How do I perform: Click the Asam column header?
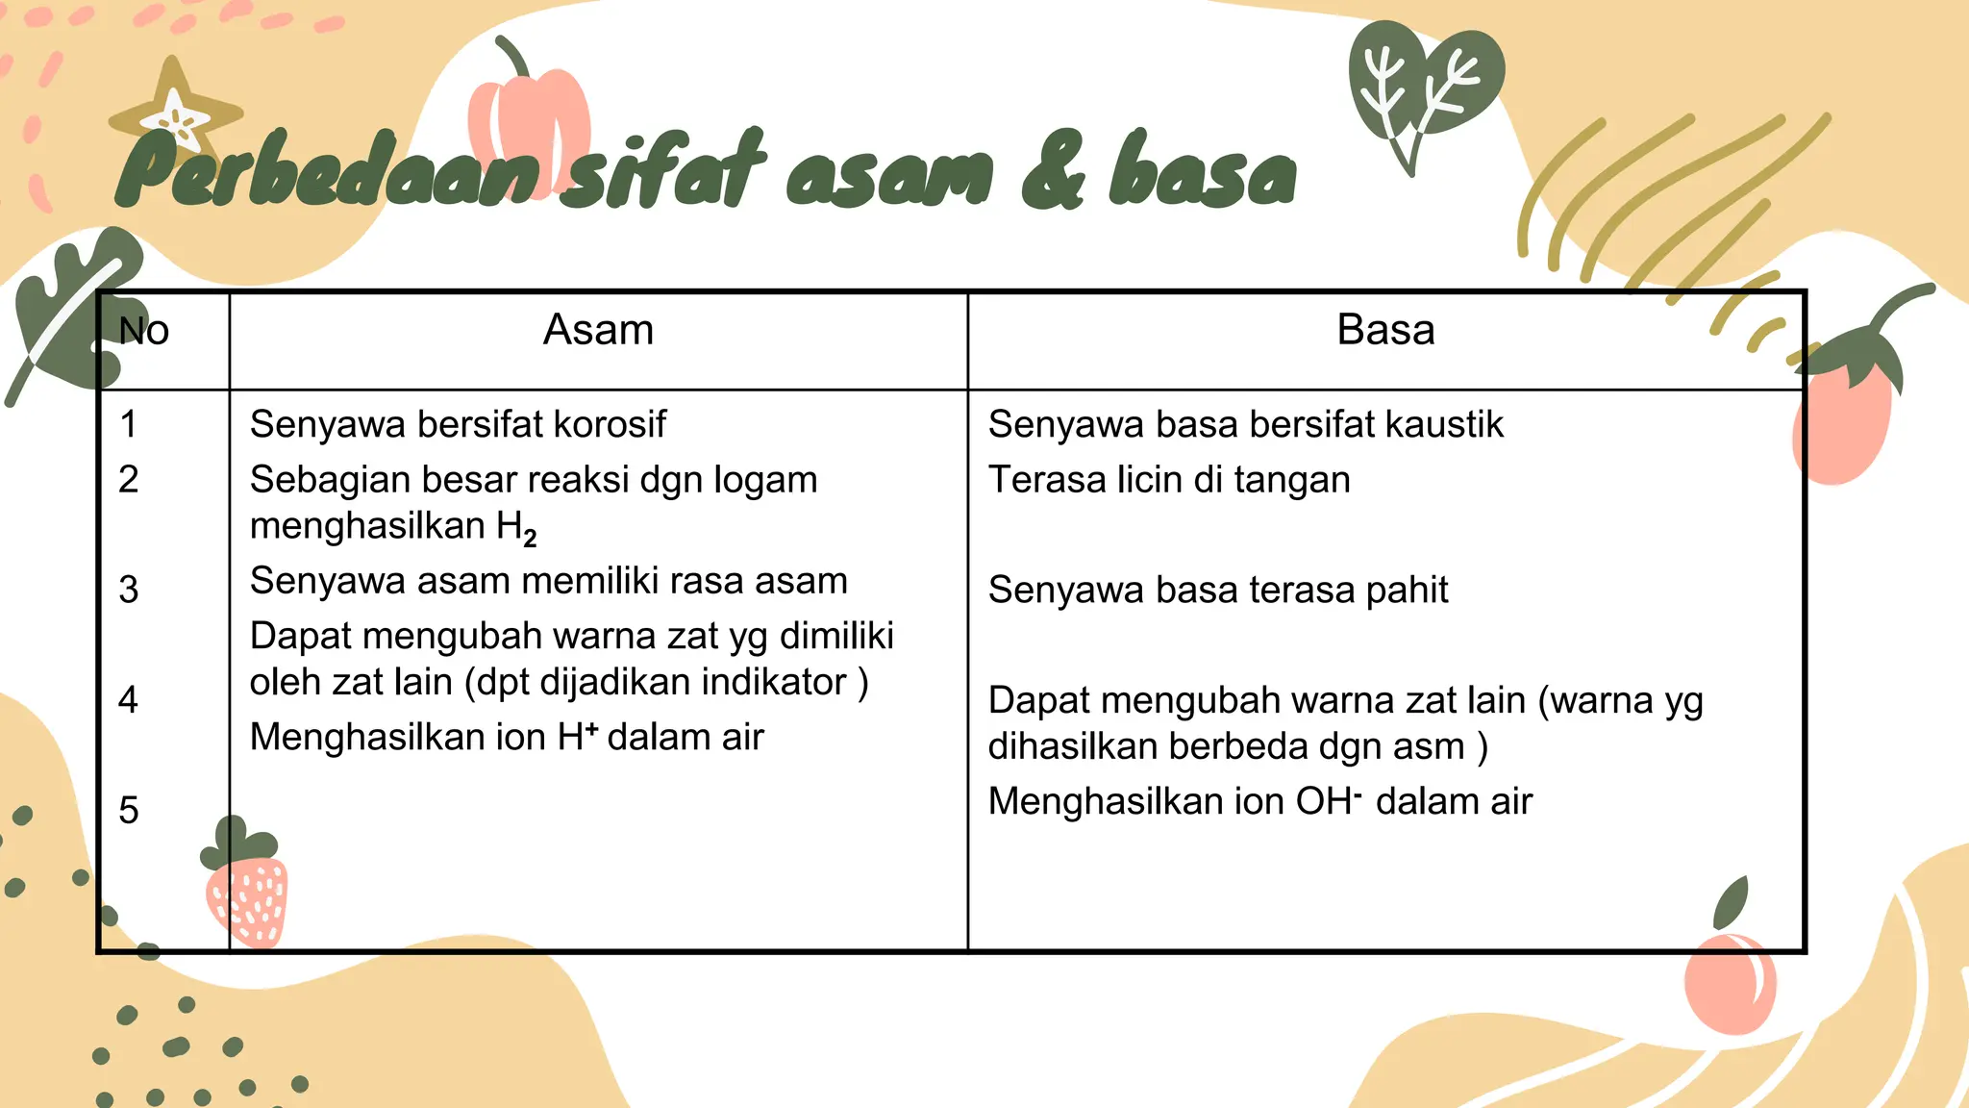click(598, 330)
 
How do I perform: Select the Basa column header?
click(1385, 330)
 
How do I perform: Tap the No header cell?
click(144, 331)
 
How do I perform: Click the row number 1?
click(129, 424)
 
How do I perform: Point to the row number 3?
click(129, 590)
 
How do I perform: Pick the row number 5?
click(129, 810)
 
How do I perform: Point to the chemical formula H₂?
click(516, 528)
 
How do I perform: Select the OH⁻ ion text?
click(1329, 801)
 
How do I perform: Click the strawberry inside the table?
click(246, 890)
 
